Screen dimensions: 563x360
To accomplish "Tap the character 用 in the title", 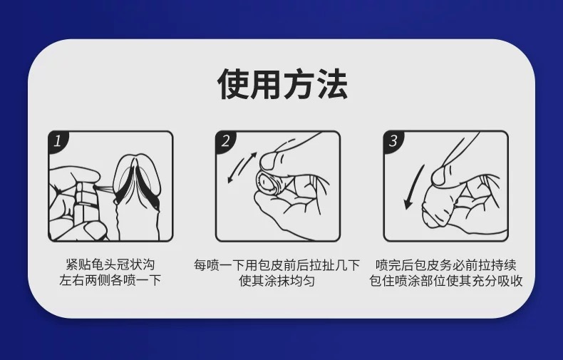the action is tap(266, 84).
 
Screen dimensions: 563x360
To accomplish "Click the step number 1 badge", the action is tap(58, 141).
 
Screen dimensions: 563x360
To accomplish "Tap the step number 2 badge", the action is tap(225, 141).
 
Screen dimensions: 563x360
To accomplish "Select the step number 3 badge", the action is tap(393, 141).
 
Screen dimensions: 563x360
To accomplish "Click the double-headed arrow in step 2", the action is tap(242, 168).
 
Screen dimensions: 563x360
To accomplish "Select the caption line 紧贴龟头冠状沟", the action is tap(110, 264).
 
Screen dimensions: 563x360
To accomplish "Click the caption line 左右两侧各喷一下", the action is tap(110, 280).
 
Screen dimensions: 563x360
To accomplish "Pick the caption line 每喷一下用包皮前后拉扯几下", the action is tap(277, 265).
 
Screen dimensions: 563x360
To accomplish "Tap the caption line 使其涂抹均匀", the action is tap(277, 281).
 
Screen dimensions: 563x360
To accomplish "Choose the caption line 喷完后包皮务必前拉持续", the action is tap(445, 265).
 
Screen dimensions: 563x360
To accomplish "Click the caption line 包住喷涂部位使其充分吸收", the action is tap(445, 281).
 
